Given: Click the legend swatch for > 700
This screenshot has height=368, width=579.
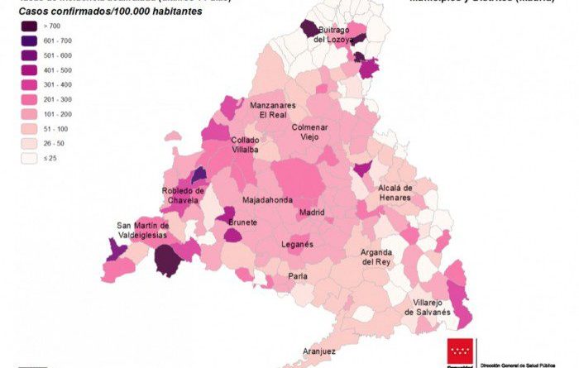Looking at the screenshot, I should coord(31,26).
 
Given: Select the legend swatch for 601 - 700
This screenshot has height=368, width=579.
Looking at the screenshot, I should coord(31,41).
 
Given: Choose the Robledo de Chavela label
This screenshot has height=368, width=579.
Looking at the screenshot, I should coord(183,196).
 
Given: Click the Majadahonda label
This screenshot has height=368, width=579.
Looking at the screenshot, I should coord(266,201).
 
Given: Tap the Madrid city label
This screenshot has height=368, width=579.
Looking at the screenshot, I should coord(311,213).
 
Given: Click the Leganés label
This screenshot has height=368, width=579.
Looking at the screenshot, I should coord(297,245).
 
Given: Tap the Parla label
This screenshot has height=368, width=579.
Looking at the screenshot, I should coord(298,276).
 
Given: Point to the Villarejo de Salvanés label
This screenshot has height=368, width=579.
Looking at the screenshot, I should coord(427,307).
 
